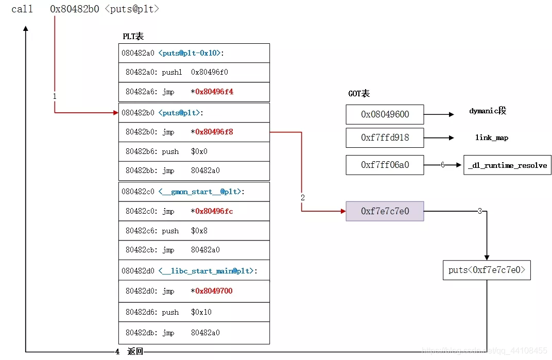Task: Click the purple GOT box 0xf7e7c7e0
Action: pyautogui.click(x=385, y=211)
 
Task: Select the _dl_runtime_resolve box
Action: pyautogui.click(x=508, y=165)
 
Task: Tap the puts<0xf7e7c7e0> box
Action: pyautogui.click(x=487, y=270)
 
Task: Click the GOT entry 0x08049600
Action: pyautogui.click(x=385, y=114)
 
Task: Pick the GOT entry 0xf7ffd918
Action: pyautogui.click(x=385, y=138)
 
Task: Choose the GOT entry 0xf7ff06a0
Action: pyautogui.click(x=385, y=165)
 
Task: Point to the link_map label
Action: pyautogui.click(x=491, y=138)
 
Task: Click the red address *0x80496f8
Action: pyautogui.click(x=212, y=132)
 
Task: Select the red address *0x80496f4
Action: pyautogui.click(x=212, y=92)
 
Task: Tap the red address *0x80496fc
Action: pyautogui.click(x=212, y=211)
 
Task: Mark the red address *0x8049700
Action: pyautogui.click(x=212, y=291)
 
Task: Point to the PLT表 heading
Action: pyautogui.click(x=133, y=36)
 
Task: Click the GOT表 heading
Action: pyautogui.click(x=359, y=94)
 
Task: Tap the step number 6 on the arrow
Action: pyautogui.click(x=442, y=165)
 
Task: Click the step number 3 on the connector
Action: pyautogui.click(x=480, y=211)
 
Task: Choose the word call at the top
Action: pyautogui.click(x=22, y=9)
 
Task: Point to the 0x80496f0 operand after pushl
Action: pyautogui.click(x=210, y=72)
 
